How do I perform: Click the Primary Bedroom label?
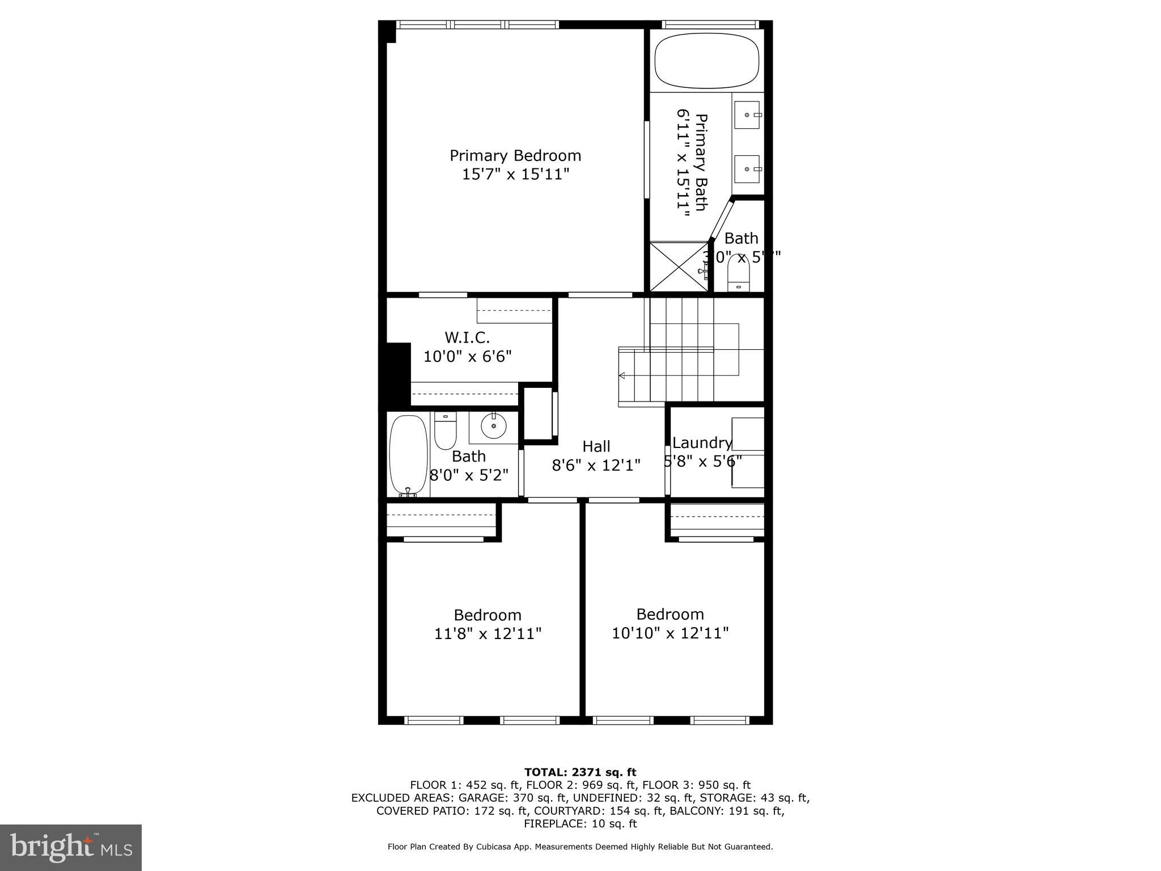pos(515,155)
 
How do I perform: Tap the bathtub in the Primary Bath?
pos(706,61)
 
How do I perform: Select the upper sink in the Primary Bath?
pos(747,115)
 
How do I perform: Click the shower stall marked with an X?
pos(678,267)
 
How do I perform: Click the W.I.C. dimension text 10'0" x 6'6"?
pos(468,357)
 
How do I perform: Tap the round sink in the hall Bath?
pos(493,426)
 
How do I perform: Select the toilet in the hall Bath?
pos(446,433)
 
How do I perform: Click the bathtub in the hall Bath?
pos(409,455)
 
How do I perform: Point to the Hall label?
pos(596,446)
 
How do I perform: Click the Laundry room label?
pos(702,443)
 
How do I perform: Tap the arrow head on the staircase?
pos(622,375)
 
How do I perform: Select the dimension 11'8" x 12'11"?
pos(488,633)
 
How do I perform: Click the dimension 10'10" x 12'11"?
pos(670,633)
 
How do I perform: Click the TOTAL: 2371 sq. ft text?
pos(580,772)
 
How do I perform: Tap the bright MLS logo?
pos(71,847)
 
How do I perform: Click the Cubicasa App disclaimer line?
pos(580,847)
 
